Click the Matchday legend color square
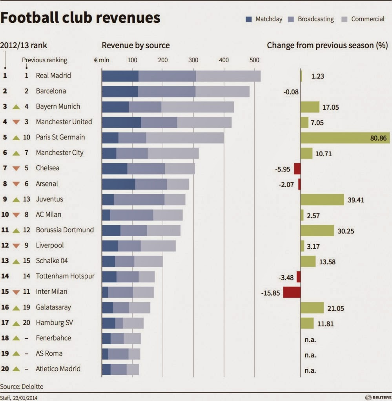click(x=248, y=19)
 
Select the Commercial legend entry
click(x=367, y=19)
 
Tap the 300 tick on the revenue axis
click(x=193, y=60)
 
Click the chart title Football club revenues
click(x=80, y=18)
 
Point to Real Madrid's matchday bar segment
click(x=120, y=76)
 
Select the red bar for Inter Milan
click(x=292, y=292)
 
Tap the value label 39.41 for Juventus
click(x=356, y=200)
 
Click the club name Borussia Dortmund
click(x=65, y=230)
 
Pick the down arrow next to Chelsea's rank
click(x=16, y=168)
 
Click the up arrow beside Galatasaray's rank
click(x=16, y=308)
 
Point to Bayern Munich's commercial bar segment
click(x=197, y=107)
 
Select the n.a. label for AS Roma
click(x=310, y=355)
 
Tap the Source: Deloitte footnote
click(x=22, y=387)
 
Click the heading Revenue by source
click(x=136, y=45)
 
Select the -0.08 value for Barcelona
click(x=291, y=92)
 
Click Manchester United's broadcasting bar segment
click(x=159, y=122)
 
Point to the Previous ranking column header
click(x=44, y=60)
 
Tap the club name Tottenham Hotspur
click(x=65, y=276)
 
